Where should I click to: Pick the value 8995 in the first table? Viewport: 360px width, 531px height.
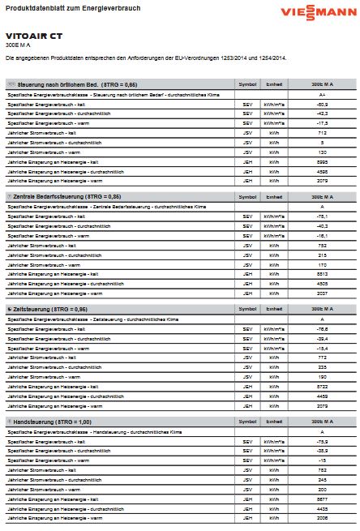click(322, 161)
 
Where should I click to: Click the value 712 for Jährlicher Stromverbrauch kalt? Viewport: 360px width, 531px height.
click(322, 133)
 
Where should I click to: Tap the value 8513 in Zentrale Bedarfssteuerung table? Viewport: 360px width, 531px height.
click(322, 274)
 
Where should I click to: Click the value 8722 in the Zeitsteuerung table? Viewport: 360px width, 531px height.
click(322, 387)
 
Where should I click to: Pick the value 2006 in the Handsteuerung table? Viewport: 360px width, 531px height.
click(322, 518)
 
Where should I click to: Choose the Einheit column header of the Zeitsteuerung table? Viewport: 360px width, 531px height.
click(275, 310)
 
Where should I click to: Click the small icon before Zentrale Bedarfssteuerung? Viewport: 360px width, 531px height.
click(8, 197)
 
